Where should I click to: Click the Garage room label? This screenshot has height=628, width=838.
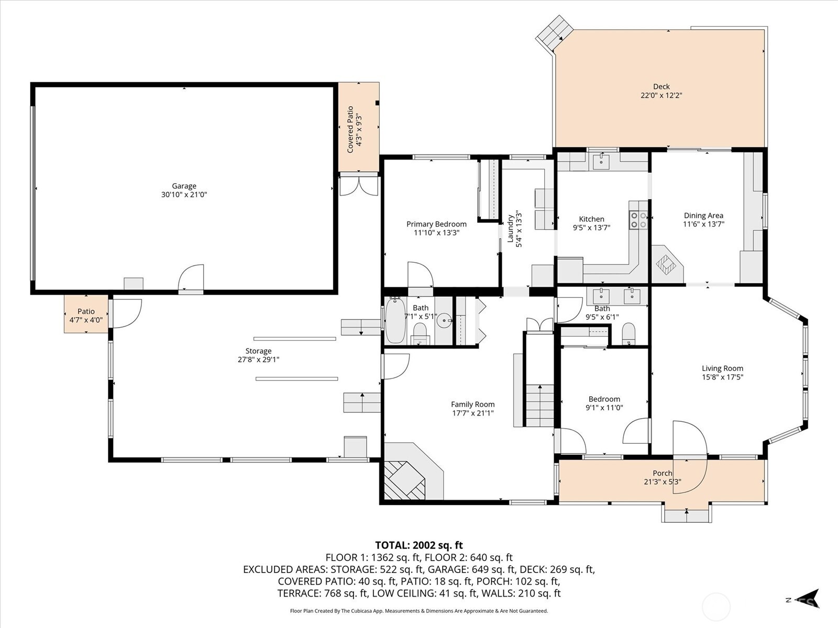184,186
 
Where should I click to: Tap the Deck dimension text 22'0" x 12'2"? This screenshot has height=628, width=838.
661,95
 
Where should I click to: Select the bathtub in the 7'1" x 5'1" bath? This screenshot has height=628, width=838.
395,321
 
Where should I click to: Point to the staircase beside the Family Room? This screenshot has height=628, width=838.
539,406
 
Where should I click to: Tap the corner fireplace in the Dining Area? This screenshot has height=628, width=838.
667,264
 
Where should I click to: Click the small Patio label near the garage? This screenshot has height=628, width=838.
86,311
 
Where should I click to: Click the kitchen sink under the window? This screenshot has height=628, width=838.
601,162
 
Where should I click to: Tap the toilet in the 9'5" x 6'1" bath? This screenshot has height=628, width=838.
629,333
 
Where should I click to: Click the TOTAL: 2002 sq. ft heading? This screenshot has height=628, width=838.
418,545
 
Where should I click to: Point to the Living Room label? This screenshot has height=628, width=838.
722,368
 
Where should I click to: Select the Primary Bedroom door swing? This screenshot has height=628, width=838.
420,275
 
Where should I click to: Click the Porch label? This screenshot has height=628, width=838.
662,473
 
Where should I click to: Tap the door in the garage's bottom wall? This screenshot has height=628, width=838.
191,278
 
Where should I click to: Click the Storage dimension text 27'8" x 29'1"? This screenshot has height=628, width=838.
258,360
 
